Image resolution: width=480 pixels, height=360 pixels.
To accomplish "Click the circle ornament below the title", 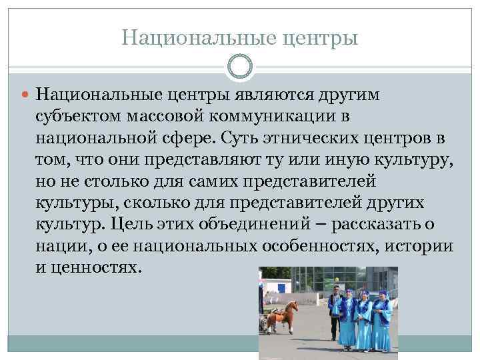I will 240,67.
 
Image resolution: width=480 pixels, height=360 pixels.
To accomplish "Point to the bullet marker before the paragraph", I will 26,95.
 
